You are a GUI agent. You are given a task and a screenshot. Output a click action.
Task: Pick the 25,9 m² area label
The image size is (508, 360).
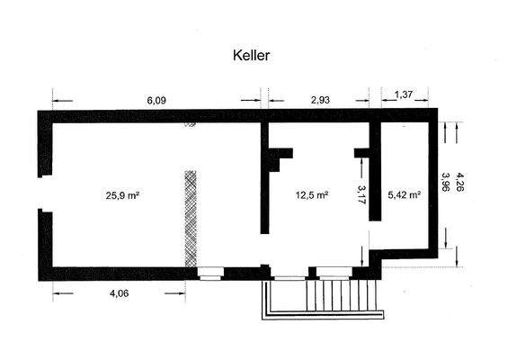[x=120, y=194]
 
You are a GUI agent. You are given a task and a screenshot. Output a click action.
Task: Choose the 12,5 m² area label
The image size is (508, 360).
[x=311, y=194]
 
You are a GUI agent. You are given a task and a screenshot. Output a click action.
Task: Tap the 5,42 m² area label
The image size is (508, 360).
[x=404, y=194]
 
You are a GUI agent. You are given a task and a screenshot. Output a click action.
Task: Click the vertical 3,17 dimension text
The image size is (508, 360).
[x=361, y=195]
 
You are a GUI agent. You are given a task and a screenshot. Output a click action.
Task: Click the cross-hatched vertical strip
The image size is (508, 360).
[x=190, y=216]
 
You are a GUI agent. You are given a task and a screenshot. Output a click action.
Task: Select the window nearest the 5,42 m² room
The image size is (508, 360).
[x=333, y=272]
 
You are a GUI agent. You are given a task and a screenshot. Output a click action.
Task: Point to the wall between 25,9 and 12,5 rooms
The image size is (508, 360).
[x=265, y=180]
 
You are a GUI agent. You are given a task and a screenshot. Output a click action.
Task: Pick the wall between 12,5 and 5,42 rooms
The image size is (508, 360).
[x=375, y=193]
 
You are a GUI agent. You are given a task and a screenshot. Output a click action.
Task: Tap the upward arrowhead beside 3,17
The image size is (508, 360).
[x=361, y=161]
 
